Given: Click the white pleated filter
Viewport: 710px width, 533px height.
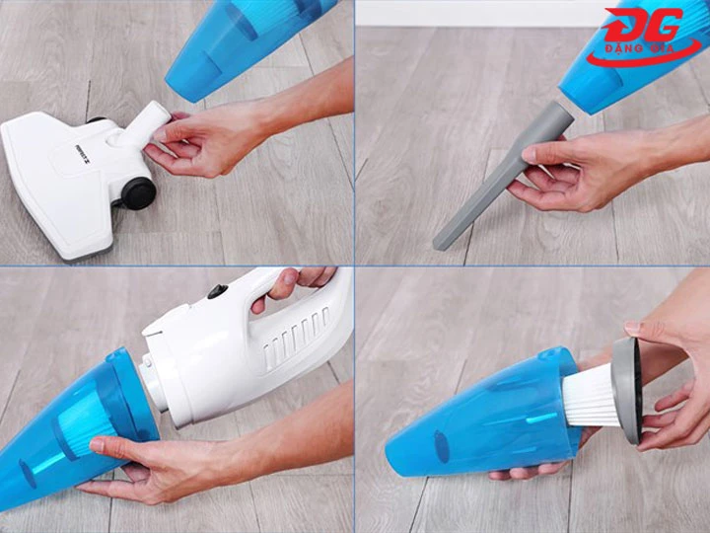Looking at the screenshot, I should click(592, 394).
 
